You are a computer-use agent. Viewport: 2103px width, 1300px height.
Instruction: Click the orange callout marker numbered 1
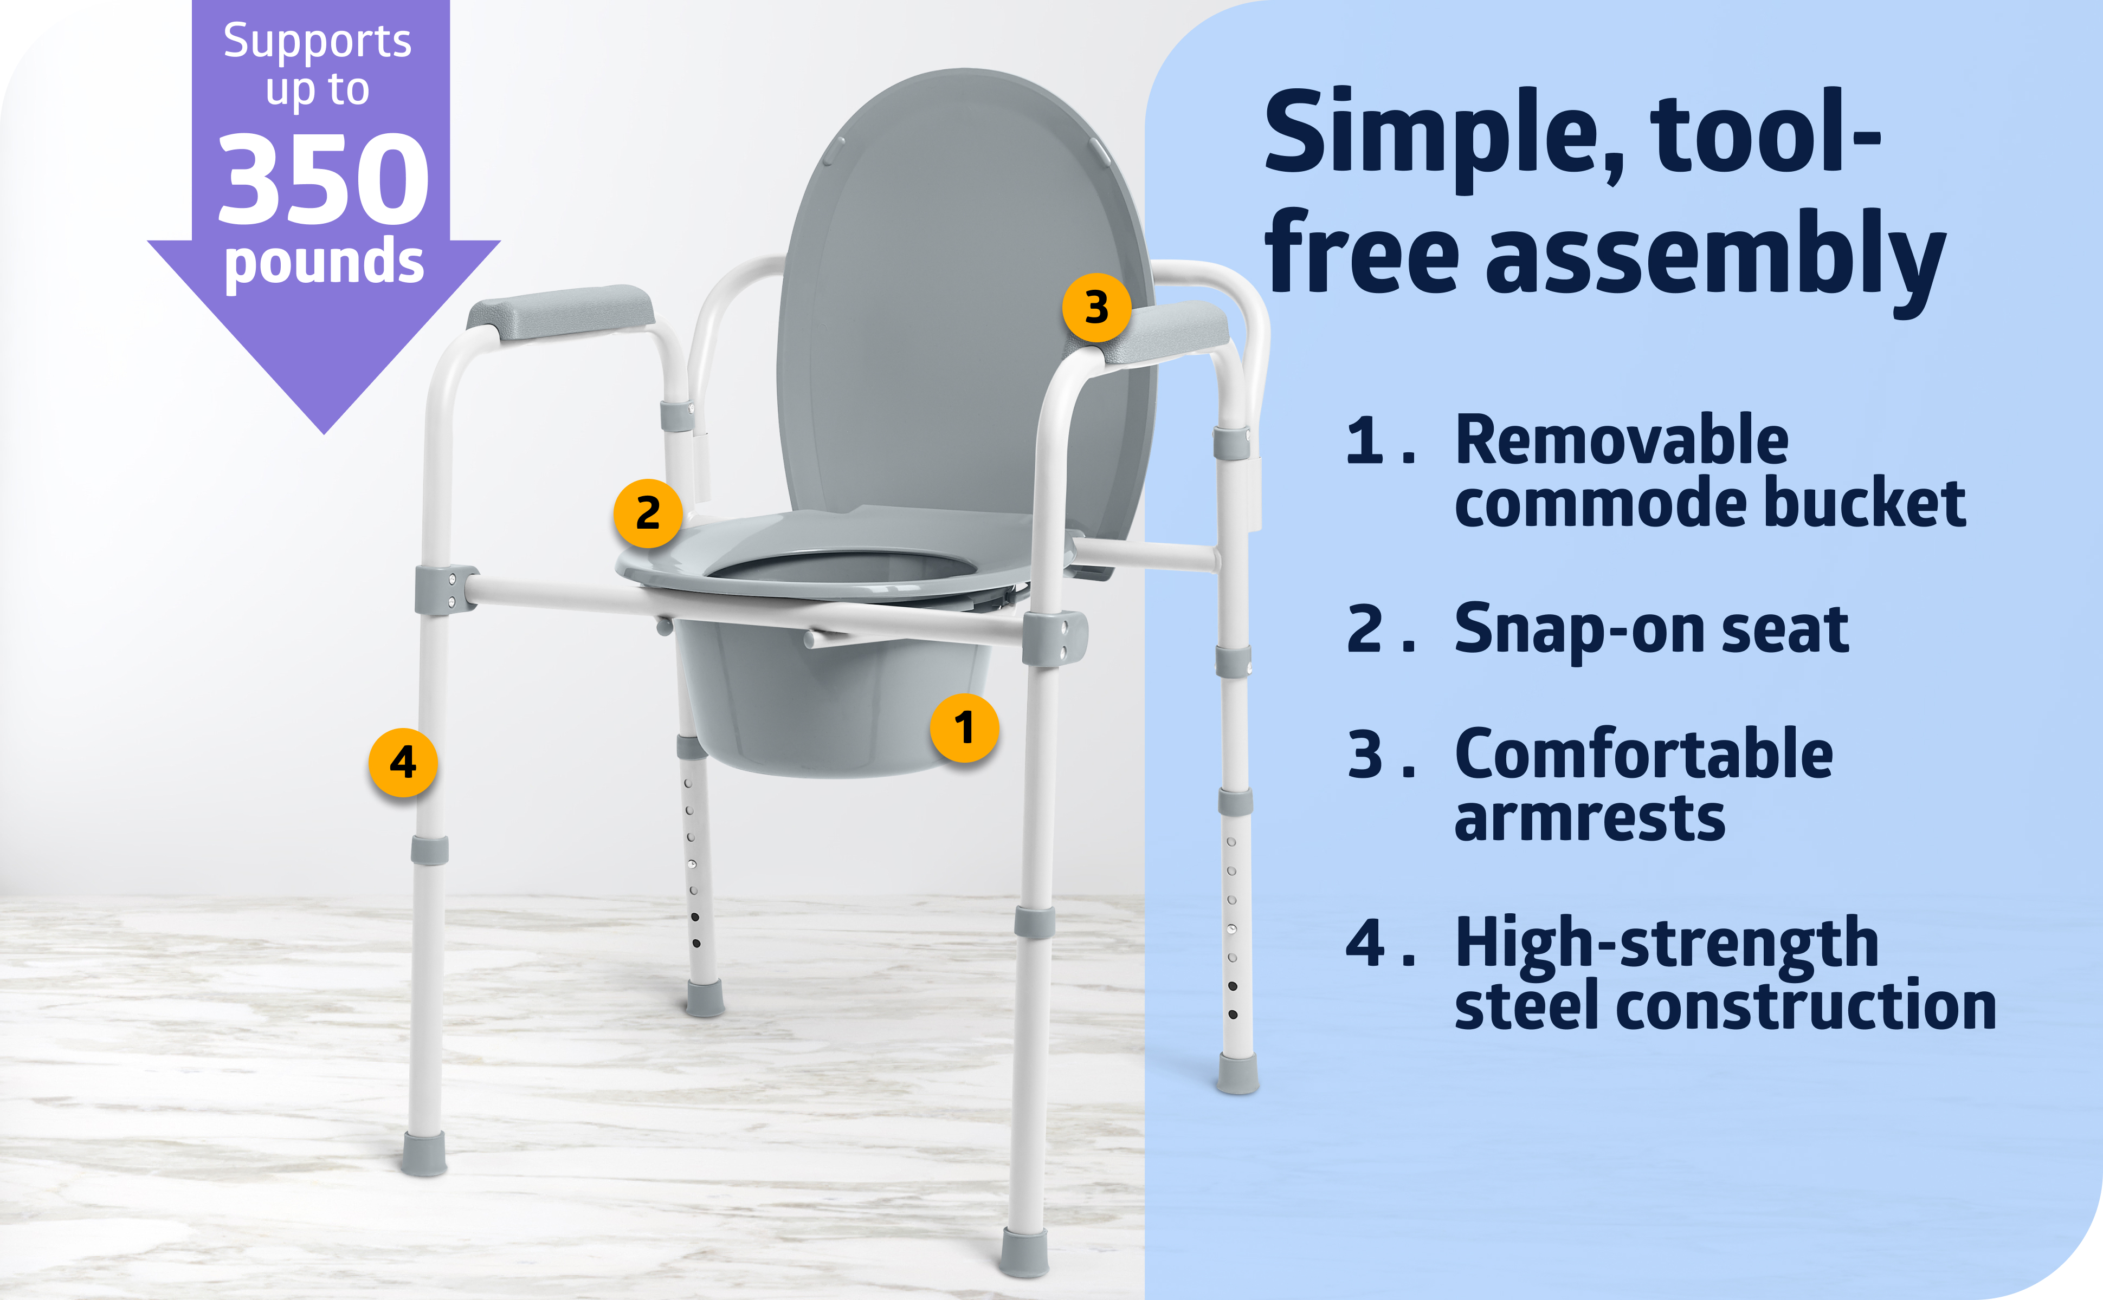click(964, 727)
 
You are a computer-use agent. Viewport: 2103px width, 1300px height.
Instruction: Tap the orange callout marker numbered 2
click(648, 513)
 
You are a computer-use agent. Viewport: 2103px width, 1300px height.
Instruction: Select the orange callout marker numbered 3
click(1096, 307)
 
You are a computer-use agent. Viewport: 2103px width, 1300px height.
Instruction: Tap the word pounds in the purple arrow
click(324, 262)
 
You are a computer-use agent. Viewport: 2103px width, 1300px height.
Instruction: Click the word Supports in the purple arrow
click(318, 41)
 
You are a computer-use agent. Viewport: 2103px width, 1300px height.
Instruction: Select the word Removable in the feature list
click(1621, 440)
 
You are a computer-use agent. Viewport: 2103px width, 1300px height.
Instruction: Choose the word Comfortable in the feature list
click(1644, 754)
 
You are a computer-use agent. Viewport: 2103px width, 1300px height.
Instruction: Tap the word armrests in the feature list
click(1590, 818)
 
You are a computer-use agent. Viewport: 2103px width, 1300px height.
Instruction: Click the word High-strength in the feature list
click(1666, 943)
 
